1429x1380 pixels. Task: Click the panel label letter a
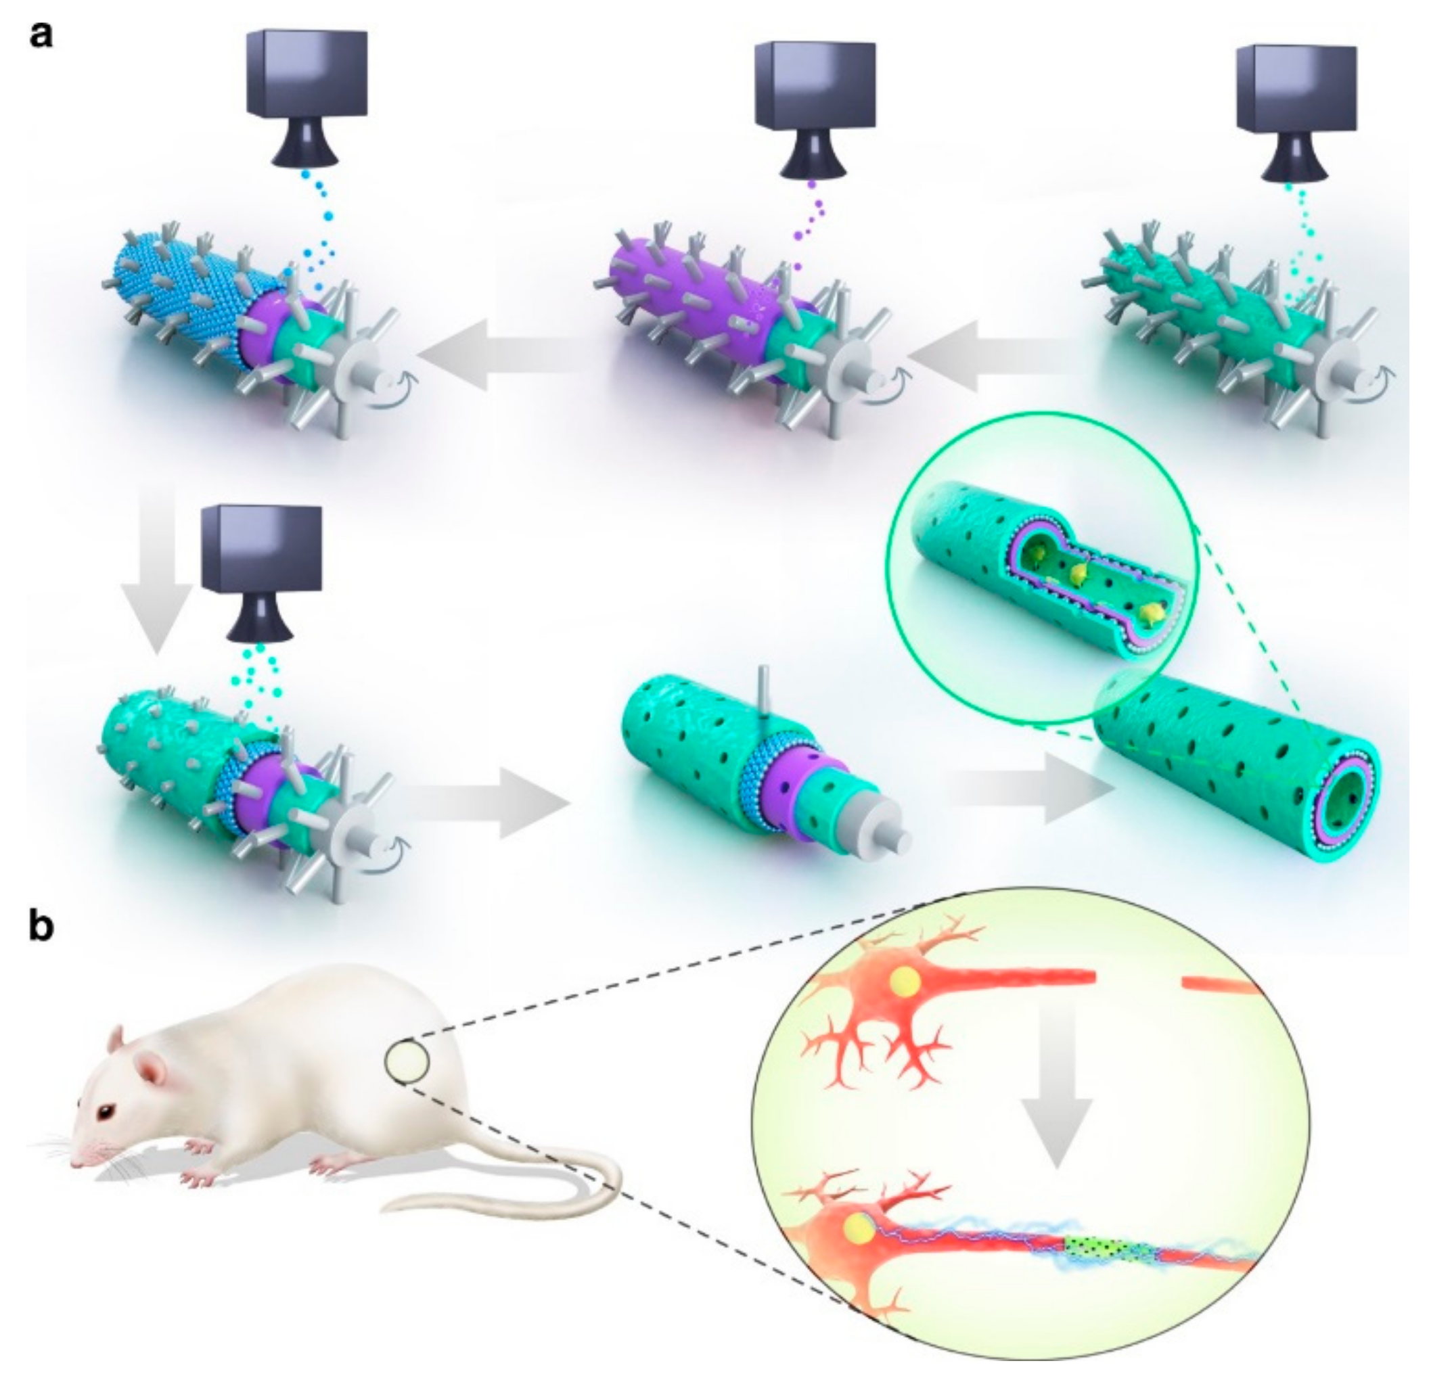coord(41,34)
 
